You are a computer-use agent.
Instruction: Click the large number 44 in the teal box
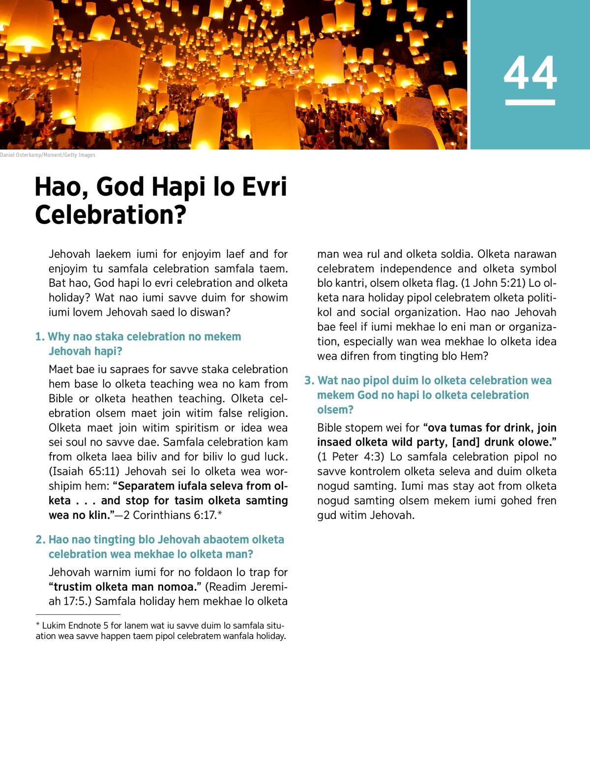point(530,73)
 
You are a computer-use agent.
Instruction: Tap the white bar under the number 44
point(530,102)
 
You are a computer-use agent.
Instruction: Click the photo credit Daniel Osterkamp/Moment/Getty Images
point(48,155)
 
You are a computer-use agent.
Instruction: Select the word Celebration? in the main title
point(111,215)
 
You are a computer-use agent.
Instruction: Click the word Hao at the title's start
point(62,187)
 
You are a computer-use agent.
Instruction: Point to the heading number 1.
point(39,337)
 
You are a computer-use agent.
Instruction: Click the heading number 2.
point(40,540)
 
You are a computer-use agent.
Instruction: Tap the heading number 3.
point(309,381)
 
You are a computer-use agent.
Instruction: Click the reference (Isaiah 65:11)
point(84,471)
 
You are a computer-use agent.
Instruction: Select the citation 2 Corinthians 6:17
point(170,515)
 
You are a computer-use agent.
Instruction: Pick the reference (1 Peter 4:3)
point(351,456)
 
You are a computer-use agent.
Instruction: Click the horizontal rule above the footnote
point(78,614)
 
